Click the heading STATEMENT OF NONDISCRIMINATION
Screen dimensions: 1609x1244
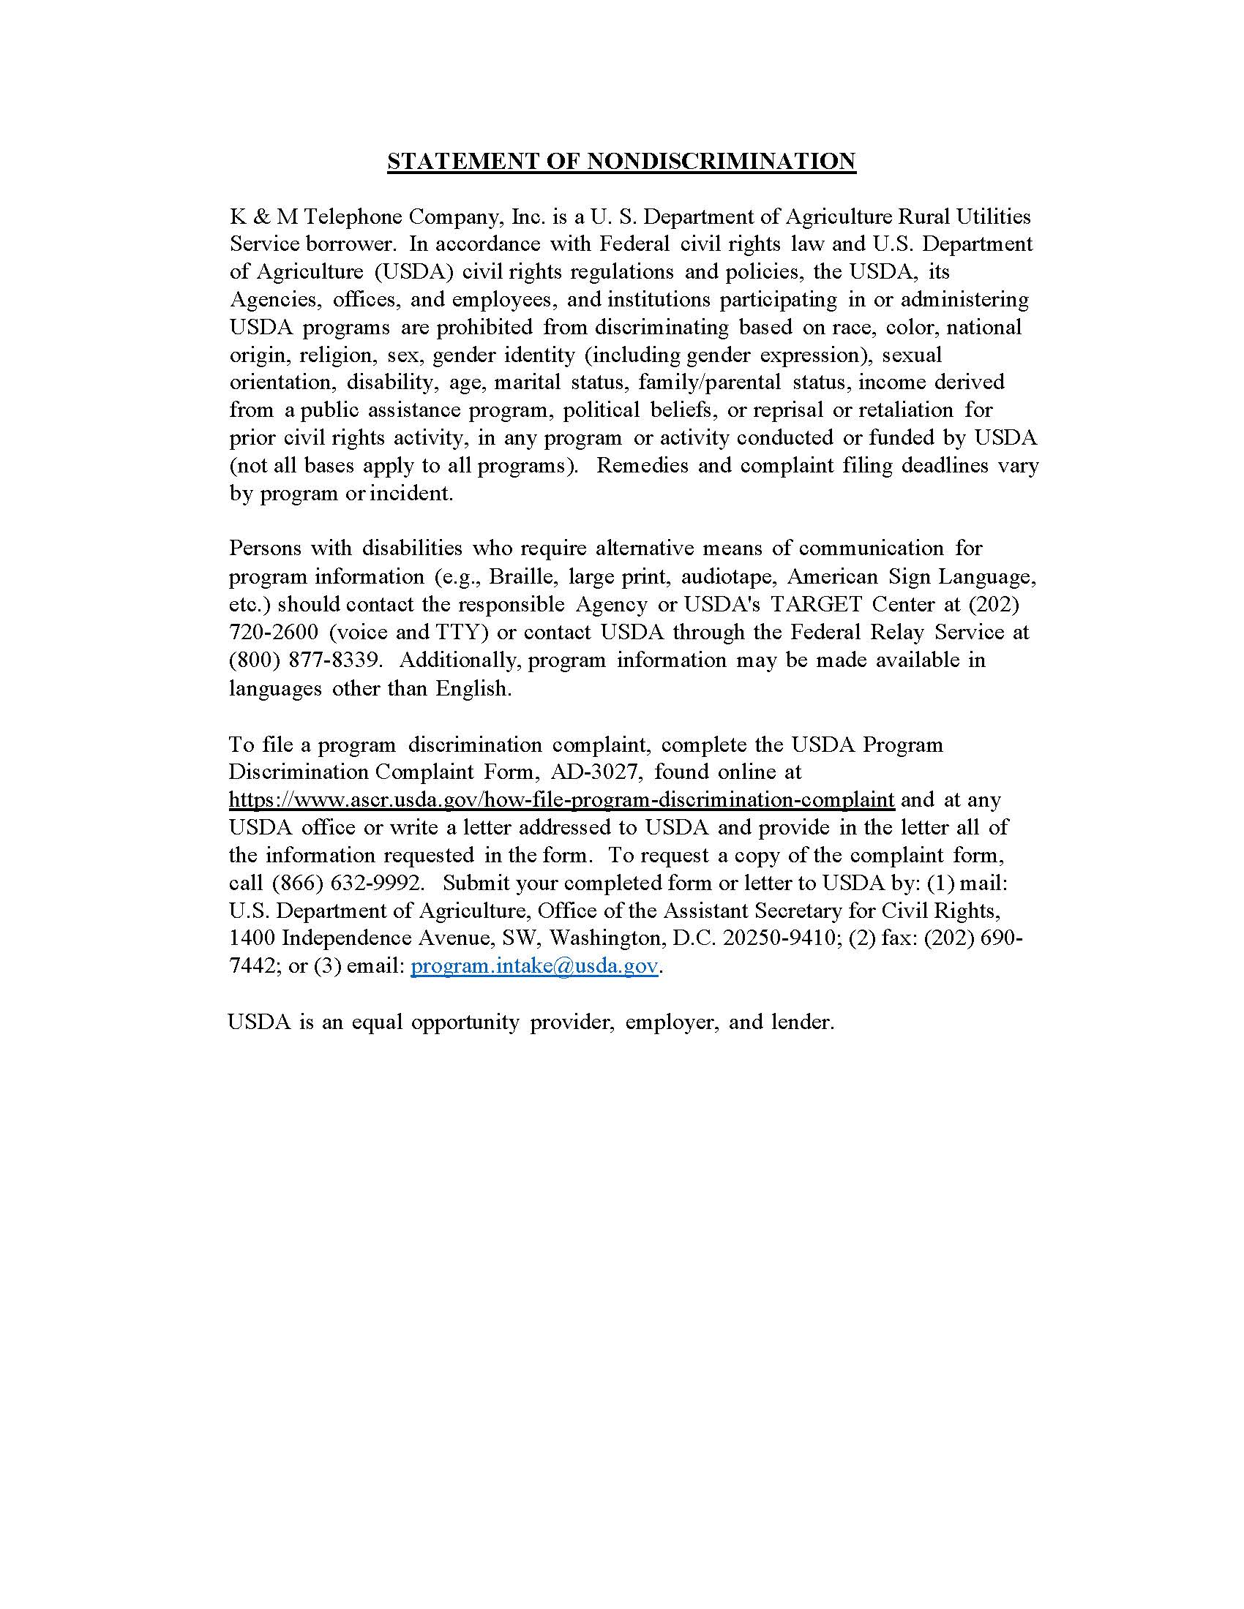(x=621, y=161)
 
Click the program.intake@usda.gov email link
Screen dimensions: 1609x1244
(x=533, y=966)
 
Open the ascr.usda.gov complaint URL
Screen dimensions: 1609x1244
(x=561, y=799)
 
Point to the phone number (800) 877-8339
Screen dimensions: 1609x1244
(x=305, y=660)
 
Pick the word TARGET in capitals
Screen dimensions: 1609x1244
(x=816, y=603)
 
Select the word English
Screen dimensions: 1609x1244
(x=473, y=688)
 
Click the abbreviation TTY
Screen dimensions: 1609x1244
(x=464, y=632)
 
